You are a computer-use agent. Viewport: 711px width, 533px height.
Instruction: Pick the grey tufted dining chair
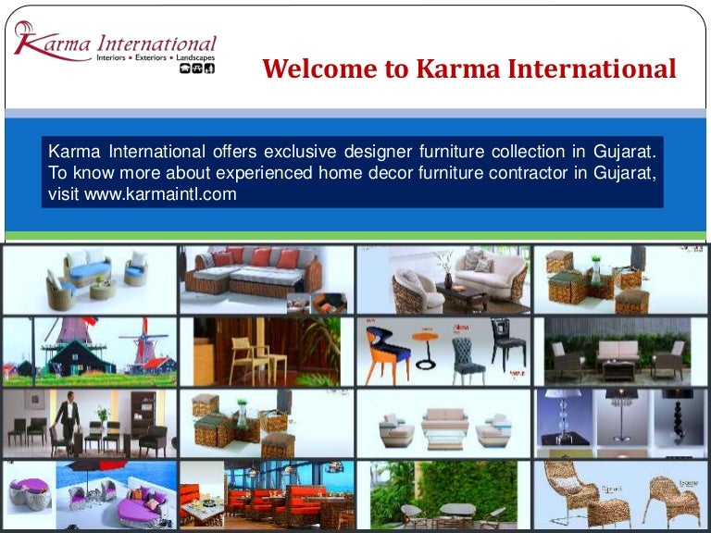[468, 357]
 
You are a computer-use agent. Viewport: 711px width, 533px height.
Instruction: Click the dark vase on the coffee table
[448, 279]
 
